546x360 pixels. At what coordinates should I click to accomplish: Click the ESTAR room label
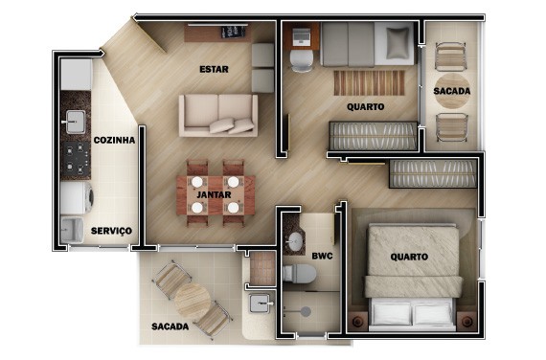(214, 69)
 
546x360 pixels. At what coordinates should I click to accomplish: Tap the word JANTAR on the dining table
(214, 194)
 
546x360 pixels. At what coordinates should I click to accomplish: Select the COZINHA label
(114, 141)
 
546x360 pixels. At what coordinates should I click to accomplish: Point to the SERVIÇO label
(111, 231)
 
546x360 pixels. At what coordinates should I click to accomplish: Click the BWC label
(322, 257)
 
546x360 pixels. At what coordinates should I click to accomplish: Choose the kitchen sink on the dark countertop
(75, 122)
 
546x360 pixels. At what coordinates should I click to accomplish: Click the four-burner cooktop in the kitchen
(76, 159)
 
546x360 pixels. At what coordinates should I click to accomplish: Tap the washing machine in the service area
(77, 198)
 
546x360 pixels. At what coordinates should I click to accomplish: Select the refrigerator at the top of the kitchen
(77, 74)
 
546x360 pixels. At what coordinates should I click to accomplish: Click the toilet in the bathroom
(299, 273)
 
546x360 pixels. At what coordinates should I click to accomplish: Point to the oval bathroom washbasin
(295, 241)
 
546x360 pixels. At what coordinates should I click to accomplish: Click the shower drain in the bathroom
(306, 311)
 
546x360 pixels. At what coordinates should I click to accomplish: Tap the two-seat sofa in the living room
(218, 115)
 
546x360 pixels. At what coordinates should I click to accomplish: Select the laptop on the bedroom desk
(301, 37)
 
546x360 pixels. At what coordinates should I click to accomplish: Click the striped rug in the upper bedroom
(369, 83)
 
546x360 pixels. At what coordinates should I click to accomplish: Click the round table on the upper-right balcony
(452, 91)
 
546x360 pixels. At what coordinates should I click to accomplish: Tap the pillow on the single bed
(398, 43)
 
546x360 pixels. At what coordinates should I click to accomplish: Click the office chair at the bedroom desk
(302, 60)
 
